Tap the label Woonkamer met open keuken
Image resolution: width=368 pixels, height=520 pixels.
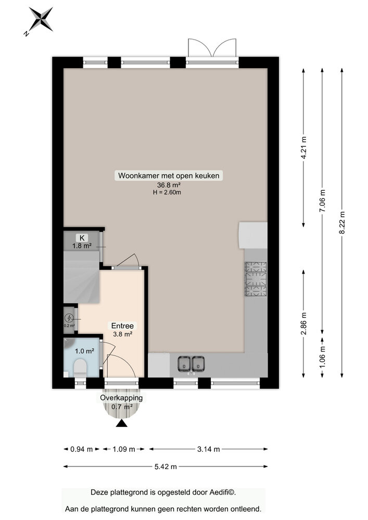coord(169,175)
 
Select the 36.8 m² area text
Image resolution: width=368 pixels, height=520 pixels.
coord(169,185)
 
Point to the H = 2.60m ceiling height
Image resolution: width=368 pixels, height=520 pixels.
coord(167,192)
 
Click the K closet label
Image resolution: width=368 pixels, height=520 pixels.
coord(82,238)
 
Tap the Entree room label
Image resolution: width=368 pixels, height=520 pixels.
coord(122,326)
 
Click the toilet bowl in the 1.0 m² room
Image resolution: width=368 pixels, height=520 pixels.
coord(80,367)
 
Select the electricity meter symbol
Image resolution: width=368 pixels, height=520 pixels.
coord(69,318)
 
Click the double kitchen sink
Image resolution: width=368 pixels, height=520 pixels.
coord(191,363)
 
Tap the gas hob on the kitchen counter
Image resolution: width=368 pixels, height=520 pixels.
coord(256,279)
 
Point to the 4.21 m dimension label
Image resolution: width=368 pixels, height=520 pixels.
coord(303,148)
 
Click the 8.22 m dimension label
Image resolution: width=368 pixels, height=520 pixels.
coord(342,223)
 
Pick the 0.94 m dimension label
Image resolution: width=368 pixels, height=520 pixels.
coord(82,449)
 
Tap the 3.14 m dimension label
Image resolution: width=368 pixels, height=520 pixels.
coord(208,449)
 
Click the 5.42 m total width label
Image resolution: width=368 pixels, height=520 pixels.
coord(166,466)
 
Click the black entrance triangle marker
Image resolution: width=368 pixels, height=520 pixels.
coord(122,423)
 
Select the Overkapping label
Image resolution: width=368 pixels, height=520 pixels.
coord(121,398)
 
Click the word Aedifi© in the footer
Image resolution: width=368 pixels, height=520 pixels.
coord(222,492)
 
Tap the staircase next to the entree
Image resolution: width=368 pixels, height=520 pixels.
coord(82,277)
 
